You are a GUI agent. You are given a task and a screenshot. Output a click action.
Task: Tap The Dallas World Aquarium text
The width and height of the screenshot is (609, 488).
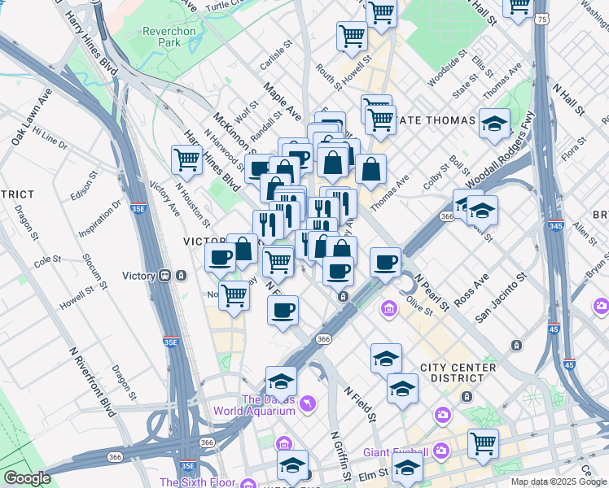pyautogui.click(x=254, y=404)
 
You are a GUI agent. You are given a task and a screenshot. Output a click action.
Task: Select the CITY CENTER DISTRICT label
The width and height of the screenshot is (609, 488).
pyautogui.click(x=458, y=373)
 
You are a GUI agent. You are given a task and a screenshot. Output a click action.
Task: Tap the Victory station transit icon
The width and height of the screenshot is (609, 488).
pyautogui.click(x=166, y=276)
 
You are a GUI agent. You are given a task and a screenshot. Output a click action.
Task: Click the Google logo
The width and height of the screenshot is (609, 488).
pyautogui.click(x=27, y=478)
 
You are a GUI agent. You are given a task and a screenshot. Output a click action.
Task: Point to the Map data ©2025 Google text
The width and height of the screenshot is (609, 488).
pyautogui.click(x=559, y=481)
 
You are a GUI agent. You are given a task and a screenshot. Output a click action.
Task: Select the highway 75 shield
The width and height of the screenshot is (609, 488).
pyautogui.click(x=541, y=18)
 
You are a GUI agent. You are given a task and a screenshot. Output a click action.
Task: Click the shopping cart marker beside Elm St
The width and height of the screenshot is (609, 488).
pyautogui.click(x=483, y=443)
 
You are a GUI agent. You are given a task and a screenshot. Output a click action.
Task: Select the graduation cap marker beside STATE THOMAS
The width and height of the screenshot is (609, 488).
pyautogui.click(x=494, y=123)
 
